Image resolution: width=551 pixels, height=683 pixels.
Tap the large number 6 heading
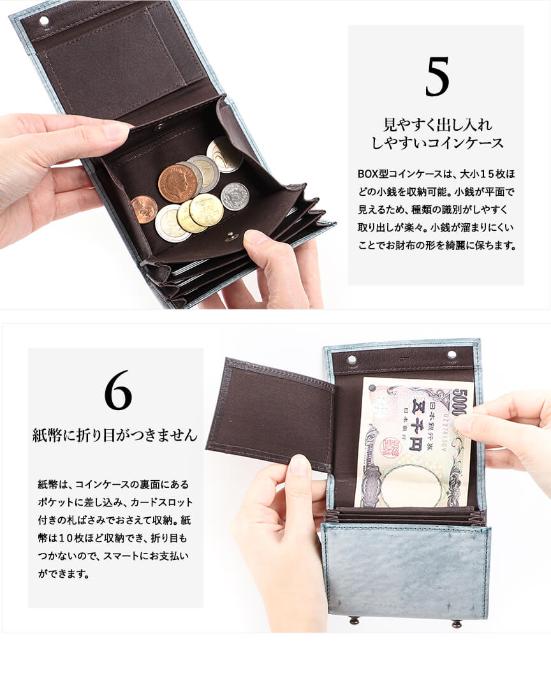click(x=118, y=396)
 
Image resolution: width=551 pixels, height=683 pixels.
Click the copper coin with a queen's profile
click(x=177, y=182)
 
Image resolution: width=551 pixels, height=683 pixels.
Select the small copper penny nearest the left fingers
click(x=144, y=209)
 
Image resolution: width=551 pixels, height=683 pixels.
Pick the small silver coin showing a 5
click(x=235, y=196)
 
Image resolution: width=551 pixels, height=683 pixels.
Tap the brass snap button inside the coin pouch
click(x=230, y=237)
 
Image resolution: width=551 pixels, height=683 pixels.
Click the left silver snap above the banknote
click(x=351, y=360)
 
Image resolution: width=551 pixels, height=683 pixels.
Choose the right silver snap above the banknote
click(x=452, y=354)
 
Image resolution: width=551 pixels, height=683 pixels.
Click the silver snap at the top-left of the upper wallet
click(x=44, y=21)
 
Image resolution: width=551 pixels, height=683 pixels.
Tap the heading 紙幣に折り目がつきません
click(x=115, y=436)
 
